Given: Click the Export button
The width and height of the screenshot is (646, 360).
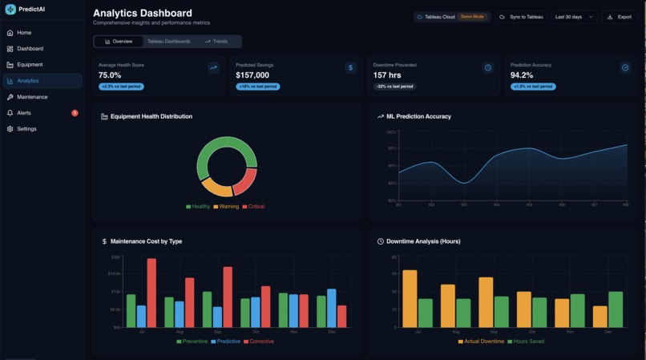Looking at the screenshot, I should (620, 17).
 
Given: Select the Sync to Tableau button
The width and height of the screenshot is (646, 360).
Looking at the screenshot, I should (521, 17).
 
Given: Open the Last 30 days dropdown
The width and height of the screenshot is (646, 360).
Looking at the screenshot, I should (574, 17).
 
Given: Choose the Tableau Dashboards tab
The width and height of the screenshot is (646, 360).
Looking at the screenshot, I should (168, 41).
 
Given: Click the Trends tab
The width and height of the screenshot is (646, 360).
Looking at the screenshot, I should (216, 41).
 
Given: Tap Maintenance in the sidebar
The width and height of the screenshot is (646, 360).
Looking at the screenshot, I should (32, 97).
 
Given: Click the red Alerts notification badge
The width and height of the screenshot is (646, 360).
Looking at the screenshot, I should (75, 113).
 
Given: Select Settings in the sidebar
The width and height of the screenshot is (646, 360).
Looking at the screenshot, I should (26, 129).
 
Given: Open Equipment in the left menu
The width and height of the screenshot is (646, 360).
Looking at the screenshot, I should (30, 65).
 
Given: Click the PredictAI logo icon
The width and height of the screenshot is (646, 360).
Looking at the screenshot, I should (10, 10).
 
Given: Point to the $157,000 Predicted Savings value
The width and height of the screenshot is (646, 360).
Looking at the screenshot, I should (252, 75).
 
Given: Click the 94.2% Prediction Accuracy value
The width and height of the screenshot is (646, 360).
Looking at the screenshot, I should (522, 75).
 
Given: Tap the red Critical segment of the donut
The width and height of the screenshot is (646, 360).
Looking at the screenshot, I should (245, 181).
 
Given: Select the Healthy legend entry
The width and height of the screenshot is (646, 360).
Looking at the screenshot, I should (198, 207).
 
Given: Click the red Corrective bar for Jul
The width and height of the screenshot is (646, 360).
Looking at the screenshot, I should (151, 293).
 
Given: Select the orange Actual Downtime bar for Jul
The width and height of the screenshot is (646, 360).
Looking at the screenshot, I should (410, 298).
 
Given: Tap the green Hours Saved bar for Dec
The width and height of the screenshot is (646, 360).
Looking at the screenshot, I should (616, 309).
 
